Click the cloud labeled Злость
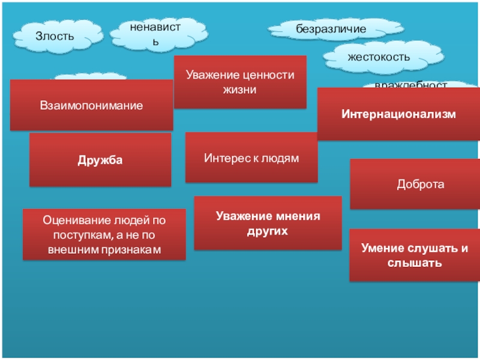tap(55, 36)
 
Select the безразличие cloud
tap(330, 29)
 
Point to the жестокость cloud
tap(379, 57)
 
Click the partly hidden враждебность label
tap(411, 85)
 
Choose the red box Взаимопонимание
tap(92, 106)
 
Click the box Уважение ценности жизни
tap(240, 82)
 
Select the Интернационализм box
tap(398, 114)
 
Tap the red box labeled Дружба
tap(100, 160)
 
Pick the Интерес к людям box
tap(251, 158)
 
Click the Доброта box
tap(420, 184)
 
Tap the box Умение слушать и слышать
tap(415, 255)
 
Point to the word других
tap(268, 230)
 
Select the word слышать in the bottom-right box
tap(415, 262)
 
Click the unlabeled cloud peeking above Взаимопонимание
tap(90, 77)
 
